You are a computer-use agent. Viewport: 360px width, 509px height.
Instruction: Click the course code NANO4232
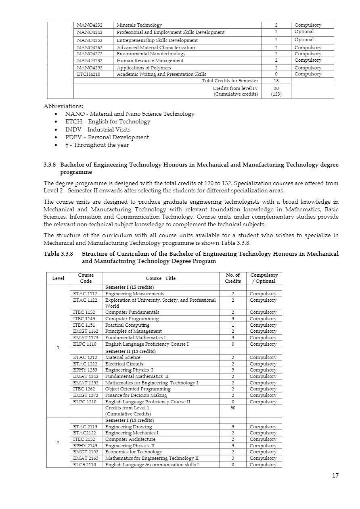pos(90,25)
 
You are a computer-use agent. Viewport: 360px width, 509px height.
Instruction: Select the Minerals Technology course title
pos(139,25)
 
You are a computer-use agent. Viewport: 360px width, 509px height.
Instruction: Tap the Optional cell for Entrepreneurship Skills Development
pos(304,40)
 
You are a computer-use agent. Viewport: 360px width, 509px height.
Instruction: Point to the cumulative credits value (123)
pos(276,94)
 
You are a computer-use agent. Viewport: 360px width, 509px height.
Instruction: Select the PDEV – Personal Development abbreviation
pos(107,137)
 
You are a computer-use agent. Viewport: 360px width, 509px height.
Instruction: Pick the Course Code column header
pos(86,278)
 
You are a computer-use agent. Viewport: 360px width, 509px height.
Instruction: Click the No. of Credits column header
pos(232,278)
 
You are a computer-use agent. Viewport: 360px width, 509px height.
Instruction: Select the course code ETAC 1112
pos(85,294)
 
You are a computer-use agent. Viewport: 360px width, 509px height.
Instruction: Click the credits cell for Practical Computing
pos(232,325)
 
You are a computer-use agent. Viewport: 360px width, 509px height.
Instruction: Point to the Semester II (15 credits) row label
pos(130,351)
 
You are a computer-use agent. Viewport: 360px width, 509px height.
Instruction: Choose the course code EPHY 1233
pos(85,370)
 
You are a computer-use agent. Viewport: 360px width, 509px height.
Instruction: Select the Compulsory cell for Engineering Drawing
pos(263,427)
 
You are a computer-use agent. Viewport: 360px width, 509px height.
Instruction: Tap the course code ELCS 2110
pos(85,465)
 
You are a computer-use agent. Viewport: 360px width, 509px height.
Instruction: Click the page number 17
pos(335,476)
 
